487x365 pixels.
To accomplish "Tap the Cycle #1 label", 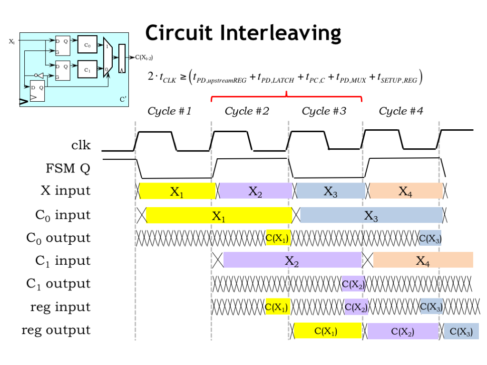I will (170, 111).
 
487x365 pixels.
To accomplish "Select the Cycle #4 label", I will (401, 111).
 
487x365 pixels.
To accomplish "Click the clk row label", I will (81, 145).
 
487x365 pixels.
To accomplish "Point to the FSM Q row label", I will (68, 168).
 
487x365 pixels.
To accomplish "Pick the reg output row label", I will (56, 330).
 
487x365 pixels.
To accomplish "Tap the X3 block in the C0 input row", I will (371, 216).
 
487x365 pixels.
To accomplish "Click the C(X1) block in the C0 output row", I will (277, 238).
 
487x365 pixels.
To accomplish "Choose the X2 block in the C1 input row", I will (292, 260).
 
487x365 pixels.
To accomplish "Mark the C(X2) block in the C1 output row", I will (353, 285).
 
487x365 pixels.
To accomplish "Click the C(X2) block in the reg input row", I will (356, 307).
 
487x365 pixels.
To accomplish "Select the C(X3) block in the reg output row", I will (461, 332).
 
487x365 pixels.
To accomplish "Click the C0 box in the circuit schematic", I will (87, 46).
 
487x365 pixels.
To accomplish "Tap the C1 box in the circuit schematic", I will (87, 70).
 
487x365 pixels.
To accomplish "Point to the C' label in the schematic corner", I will (123, 99).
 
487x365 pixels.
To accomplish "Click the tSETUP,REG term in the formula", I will (397, 77).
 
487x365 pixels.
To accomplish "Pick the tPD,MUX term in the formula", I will (351, 77).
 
